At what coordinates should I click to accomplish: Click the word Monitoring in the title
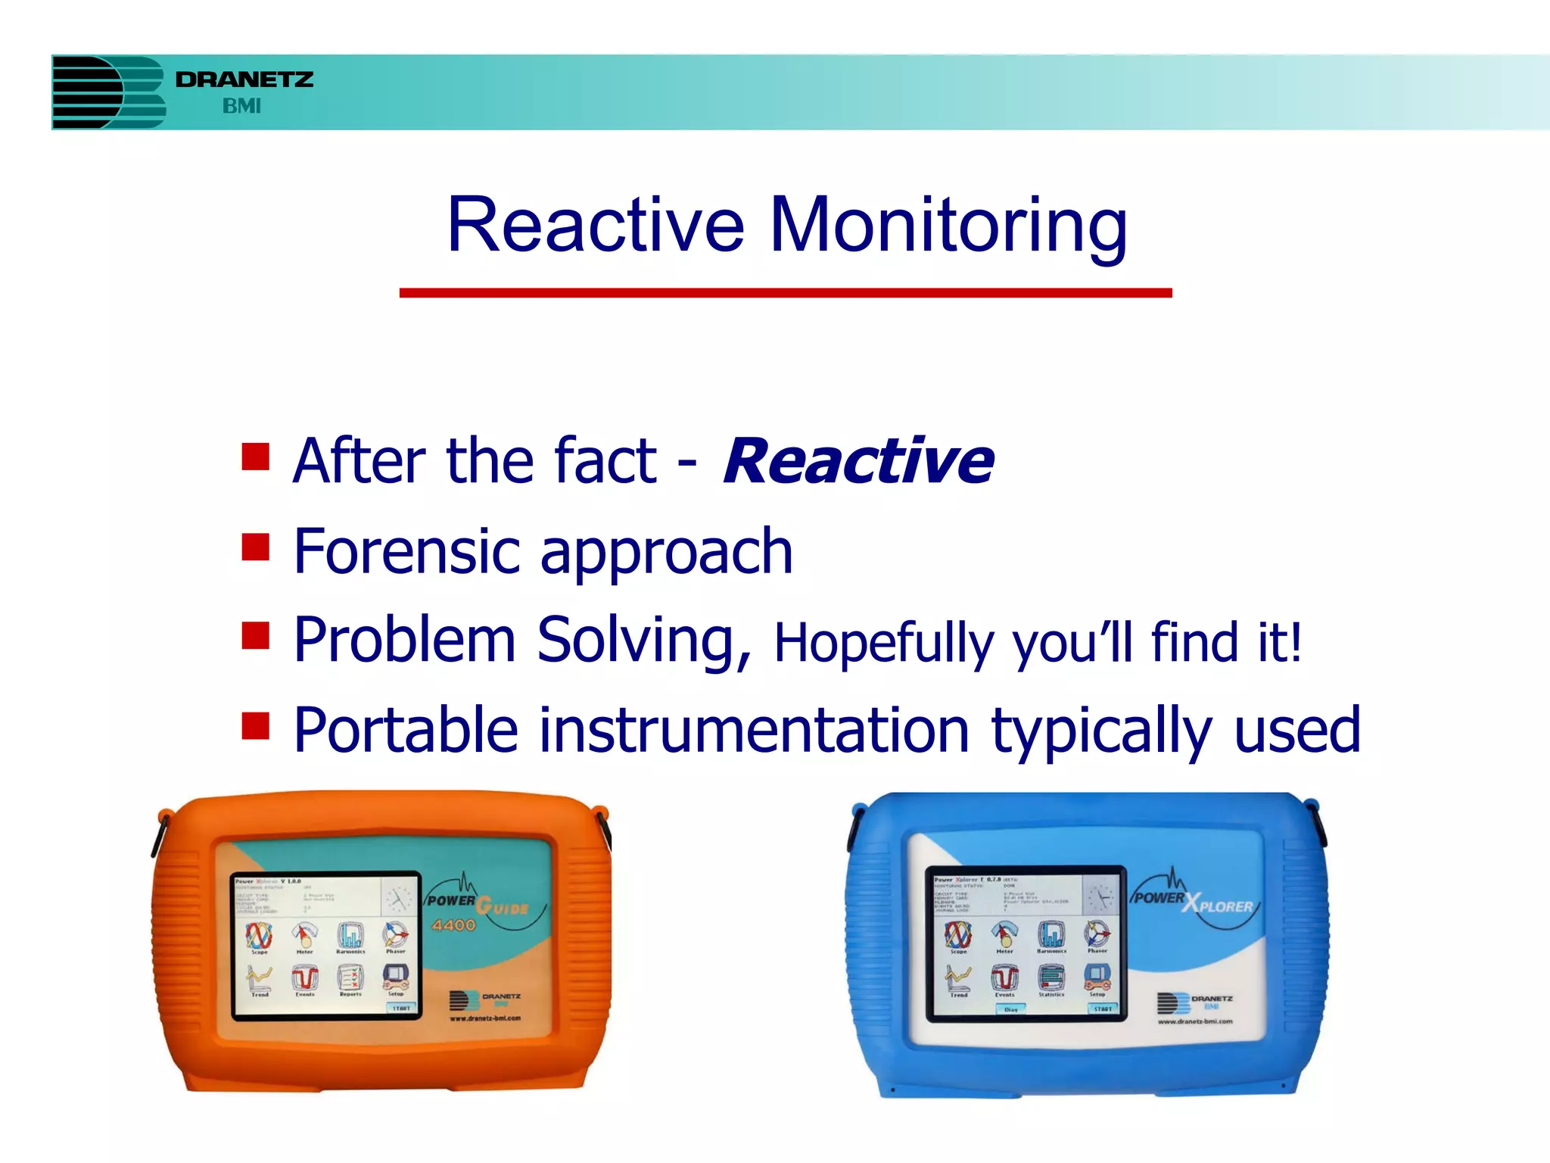click(x=948, y=225)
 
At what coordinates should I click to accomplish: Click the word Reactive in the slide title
click(x=596, y=225)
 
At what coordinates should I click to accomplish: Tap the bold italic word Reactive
click(x=858, y=461)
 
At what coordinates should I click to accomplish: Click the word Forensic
click(x=408, y=551)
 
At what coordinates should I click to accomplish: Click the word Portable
click(x=406, y=730)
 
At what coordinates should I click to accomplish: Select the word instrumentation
click(x=754, y=730)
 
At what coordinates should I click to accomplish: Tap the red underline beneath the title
click(x=786, y=293)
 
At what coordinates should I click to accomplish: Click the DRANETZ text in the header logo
click(x=244, y=80)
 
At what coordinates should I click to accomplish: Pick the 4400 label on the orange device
click(x=454, y=925)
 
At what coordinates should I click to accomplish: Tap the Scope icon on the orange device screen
click(x=259, y=937)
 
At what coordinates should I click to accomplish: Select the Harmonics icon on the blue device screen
click(x=1051, y=936)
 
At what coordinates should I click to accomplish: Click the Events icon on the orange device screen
click(x=305, y=979)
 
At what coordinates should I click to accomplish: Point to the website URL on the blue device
click(x=1195, y=1021)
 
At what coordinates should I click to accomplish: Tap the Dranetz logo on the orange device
click(x=484, y=999)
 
